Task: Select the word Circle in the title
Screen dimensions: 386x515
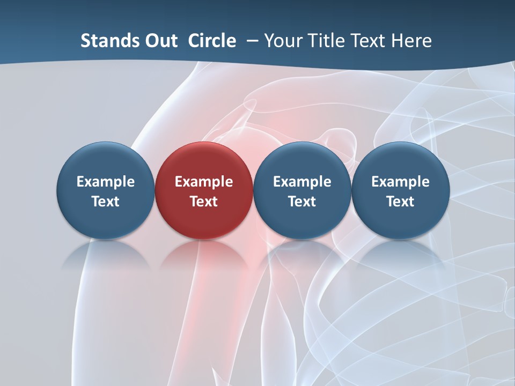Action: [x=212, y=41]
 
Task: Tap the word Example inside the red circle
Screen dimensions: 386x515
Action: [x=204, y=182]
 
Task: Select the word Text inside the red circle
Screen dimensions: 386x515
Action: [x=204, y=202]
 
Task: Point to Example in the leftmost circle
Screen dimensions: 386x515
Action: [x=106, y=182]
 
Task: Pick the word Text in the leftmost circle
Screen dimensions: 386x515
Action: [x=106, y=202]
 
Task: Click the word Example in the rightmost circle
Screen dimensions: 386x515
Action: [x=400, y=182]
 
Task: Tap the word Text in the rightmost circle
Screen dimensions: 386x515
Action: [x=400, y=202]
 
